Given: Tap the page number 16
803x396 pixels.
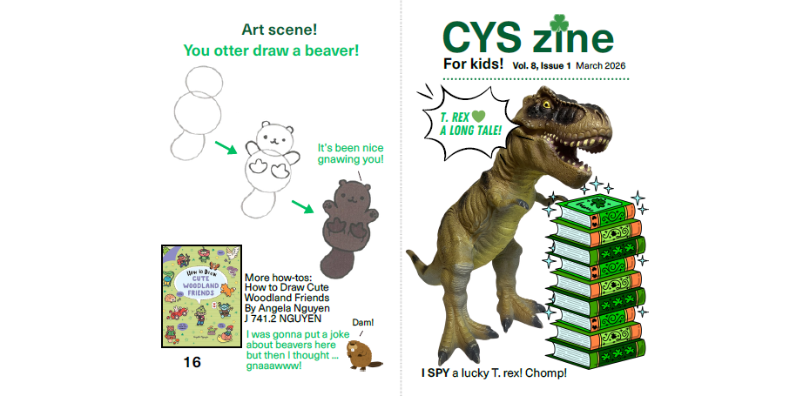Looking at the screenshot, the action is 192,363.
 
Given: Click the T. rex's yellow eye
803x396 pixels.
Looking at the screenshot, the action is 546,104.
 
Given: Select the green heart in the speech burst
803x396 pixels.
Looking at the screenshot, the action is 478,116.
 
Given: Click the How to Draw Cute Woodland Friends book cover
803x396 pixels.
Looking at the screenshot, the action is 202,296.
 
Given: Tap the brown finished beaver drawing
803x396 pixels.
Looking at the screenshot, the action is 348,229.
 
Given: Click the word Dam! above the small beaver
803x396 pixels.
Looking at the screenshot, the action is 363,322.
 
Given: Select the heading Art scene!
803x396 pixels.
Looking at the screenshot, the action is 280,30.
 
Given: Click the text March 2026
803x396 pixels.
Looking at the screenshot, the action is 600,66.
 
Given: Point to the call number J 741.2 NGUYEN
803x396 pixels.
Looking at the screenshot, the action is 283,319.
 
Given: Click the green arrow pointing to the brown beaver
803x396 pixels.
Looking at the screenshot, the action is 303,206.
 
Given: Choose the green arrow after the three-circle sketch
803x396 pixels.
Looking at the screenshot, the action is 226,147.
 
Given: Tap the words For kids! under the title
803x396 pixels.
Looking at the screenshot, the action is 473,64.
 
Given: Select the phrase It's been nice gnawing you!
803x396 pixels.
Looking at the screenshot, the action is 350,153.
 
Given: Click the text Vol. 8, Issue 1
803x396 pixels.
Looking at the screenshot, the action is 542,66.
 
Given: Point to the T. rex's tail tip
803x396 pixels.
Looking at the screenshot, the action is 409,252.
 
